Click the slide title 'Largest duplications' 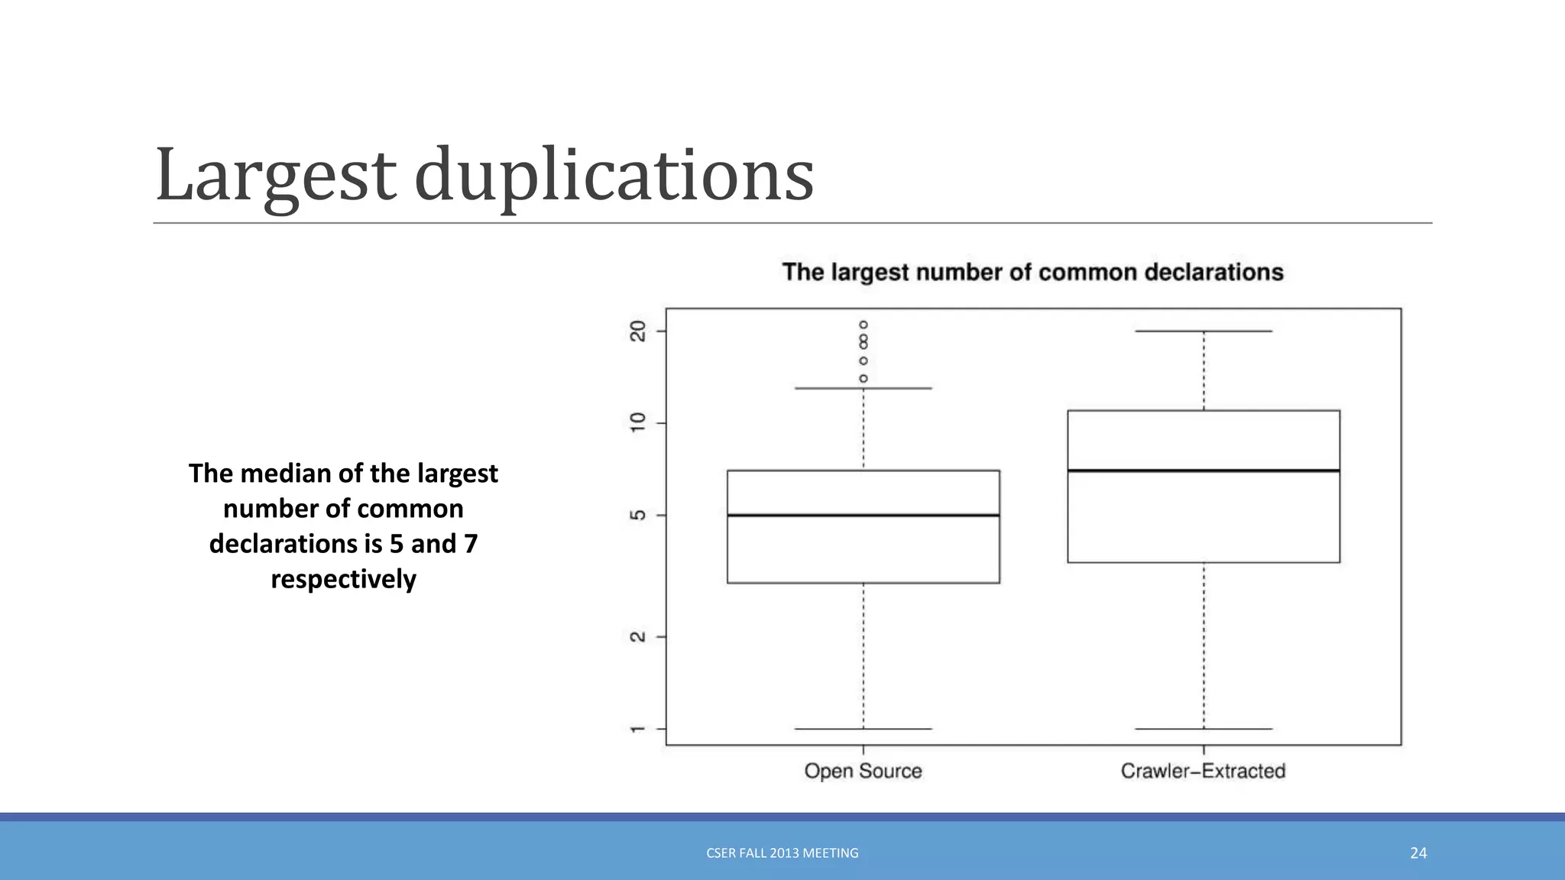(484, 176)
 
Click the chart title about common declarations (1032, 272)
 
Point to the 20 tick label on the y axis (637, 331)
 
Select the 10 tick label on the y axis (637, 422)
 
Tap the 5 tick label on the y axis (637, 516)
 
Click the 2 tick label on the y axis (637, 636)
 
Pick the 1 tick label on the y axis (637, 730)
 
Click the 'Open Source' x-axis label (863, 771)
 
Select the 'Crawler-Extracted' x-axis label (1203, 771)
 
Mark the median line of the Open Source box (863, 516)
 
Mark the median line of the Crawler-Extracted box (1203, 471)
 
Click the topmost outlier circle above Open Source (864, 325)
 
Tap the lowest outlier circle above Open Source (864, 378)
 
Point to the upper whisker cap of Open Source (863, 388)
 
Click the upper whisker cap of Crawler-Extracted (1203, 331)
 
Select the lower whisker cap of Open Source (863, 729)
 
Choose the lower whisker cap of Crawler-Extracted (1203, 729)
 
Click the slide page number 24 (1418, 853)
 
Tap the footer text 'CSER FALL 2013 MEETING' (782, 853)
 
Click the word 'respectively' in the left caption (343, 579)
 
